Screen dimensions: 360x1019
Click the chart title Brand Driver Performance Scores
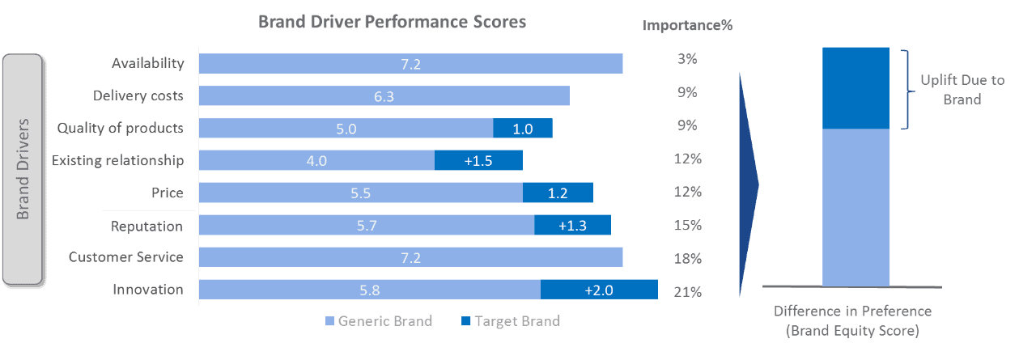click(x=392, y=22)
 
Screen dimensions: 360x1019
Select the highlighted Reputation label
click(x=148, y=226)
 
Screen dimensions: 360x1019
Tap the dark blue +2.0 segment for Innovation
click(x=599, y=290)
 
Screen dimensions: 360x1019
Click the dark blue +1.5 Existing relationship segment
click(x=478, y=160)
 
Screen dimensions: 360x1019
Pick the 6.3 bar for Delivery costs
click(x=384, y=95)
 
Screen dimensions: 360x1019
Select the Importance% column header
click(x=687, y=24)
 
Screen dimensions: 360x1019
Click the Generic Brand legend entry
click(x=378, y=321)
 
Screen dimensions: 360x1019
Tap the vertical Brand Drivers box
click(x=23, y=170)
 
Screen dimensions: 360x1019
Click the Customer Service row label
click(x=126, y=257)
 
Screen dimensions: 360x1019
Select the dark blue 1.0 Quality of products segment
click(x=523, y=128)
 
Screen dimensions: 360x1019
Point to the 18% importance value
click(x=687, y=258)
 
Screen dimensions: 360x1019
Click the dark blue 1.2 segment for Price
click(x=558, y=193)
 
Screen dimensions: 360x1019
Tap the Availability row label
click(x=148, y=63)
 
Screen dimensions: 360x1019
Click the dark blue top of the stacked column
click(x=856, y=87)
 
